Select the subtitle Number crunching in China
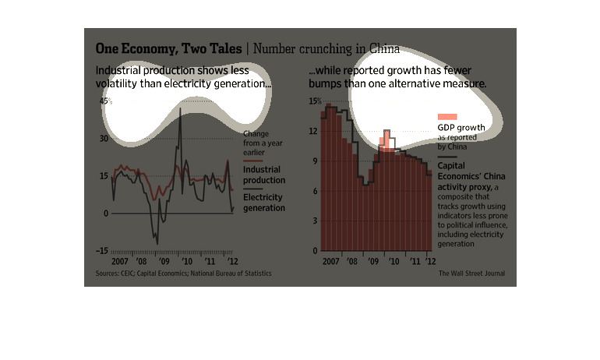pyautogui.click(x=326, y=48)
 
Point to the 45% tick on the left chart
pyautogui.click(x=104, y=101)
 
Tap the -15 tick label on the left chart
pyautogui.click(x=102, y=251)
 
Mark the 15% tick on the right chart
pyautogui.click(x=314, y=101)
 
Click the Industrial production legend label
pyautogui.click(x=262, y=174)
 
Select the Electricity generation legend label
pyautogui.click(x=263, y=203)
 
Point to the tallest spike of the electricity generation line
pyautogui.click(x=181, y=110)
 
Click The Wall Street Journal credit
pyautogui.click(x=471, y=274)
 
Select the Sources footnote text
pyautogui.click(x=183, y=274)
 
